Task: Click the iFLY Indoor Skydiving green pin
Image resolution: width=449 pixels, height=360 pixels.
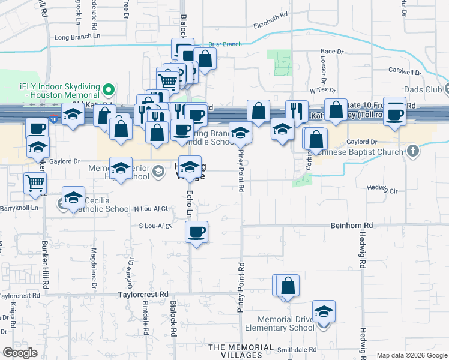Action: point(109,90)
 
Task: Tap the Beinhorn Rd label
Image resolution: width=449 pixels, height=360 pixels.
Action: point(352,225)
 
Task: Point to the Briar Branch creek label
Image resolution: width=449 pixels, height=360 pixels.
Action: point(225,44)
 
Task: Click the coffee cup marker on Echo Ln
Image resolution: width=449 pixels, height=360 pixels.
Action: point(196,232)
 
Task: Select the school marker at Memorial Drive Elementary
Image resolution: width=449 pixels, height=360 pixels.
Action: point(324,312)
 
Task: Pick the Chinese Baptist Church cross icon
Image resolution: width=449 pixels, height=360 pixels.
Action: point(412,151)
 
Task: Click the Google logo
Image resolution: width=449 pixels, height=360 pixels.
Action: point(20,353)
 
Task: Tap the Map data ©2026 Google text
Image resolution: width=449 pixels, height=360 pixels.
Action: point(412,355)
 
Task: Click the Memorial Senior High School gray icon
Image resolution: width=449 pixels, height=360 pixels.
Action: point(158,172)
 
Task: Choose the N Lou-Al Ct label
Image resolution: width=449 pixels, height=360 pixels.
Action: point(151,209)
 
